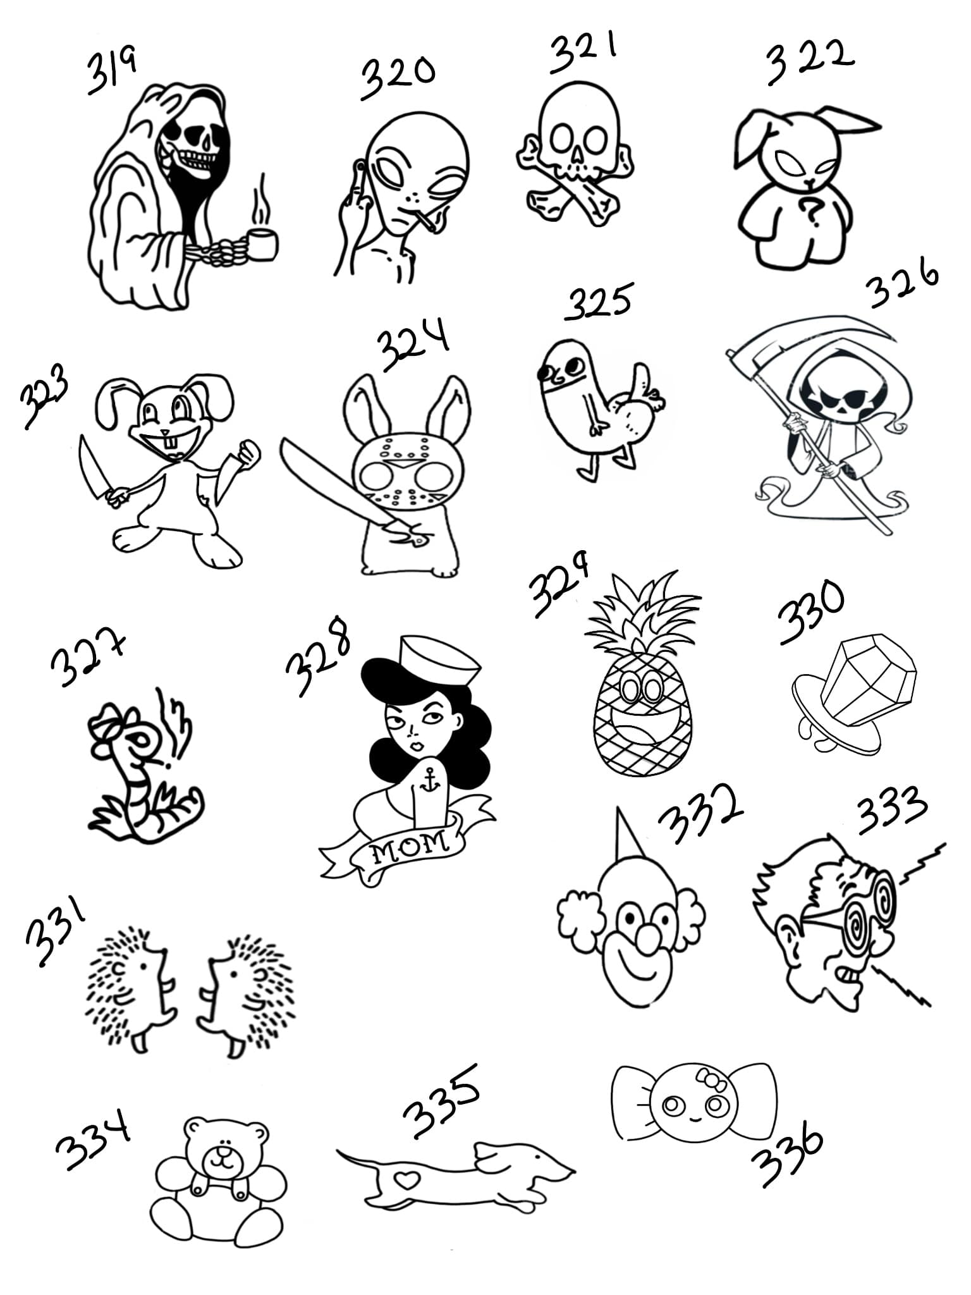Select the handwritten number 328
coord(317,661)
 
